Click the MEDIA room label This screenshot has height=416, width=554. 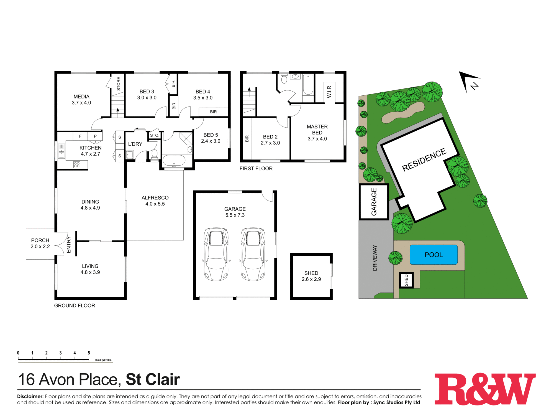pos(81,100)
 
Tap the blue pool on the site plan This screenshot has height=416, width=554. pos(434,255)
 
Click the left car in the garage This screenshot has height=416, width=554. pos(216,254)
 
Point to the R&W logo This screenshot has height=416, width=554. pos(485,389)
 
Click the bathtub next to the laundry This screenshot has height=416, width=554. pos(174,161)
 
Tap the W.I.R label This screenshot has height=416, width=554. pos(329,92)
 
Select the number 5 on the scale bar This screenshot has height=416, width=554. pos(89,353)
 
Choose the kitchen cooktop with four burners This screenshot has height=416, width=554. pos(77,165)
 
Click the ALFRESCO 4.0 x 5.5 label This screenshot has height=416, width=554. pos(155,201)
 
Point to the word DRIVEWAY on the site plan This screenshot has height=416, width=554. pos(375,258)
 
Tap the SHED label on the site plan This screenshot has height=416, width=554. pos(406,280)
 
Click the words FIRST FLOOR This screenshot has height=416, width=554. pos(256,168)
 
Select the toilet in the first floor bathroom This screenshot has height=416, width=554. pos(284,79)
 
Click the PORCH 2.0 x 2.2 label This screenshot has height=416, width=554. pos(40,243)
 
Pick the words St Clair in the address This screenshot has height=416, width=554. pos(153,380)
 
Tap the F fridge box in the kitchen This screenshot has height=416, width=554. pos(80,136)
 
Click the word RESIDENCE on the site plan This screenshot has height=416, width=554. pos(424,159)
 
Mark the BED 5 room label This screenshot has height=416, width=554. pos(211,138)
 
